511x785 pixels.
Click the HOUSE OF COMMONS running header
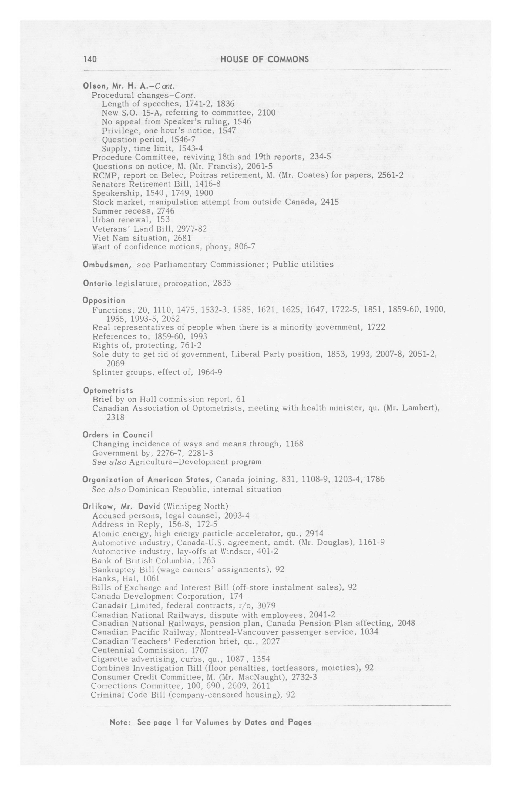[x=264, y=59]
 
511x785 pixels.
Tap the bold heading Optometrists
[x=108, y=391]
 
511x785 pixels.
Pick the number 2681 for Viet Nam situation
[x=182, y=238]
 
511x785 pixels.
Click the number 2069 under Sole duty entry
[x=115, y=363]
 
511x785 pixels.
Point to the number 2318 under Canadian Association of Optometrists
[x=115, y=417]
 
